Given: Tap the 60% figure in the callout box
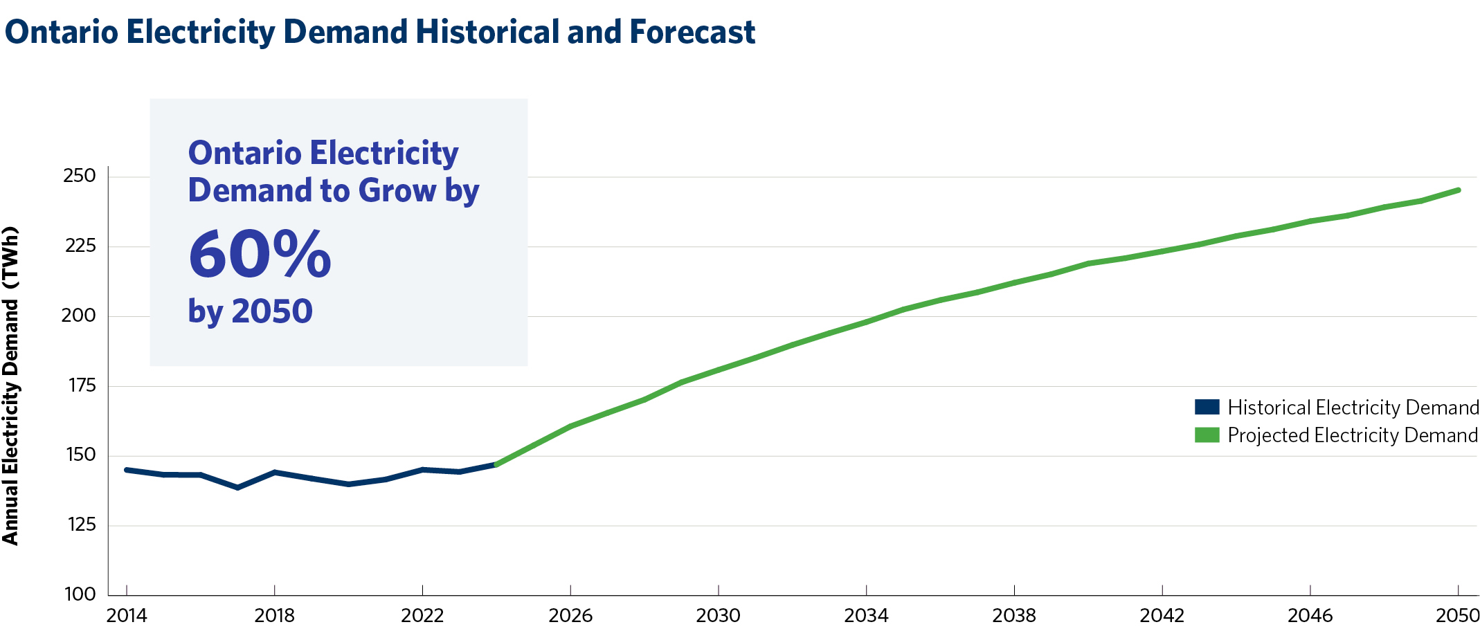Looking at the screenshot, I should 260,255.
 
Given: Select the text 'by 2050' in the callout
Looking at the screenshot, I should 250,311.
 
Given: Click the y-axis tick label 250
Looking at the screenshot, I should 79,176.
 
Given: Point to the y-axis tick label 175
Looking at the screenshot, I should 82,385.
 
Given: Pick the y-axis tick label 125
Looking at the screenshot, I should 81,525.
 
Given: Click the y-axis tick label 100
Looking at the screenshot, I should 80,594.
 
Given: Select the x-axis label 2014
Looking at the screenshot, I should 126,615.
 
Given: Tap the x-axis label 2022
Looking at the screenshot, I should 422,615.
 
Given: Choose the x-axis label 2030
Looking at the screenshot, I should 719,615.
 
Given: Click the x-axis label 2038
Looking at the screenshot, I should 1014,615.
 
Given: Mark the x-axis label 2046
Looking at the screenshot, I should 1310,615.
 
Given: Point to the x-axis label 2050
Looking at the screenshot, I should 1457,615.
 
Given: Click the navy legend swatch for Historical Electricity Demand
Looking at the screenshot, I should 1207,407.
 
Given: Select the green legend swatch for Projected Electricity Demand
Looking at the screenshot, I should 1207,435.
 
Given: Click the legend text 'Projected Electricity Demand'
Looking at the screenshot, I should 1353,435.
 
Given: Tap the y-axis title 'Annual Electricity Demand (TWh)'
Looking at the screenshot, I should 10,386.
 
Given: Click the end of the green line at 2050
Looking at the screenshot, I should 1458,190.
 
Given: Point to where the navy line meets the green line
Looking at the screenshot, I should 496,464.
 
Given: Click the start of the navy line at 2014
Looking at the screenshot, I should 127,470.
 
